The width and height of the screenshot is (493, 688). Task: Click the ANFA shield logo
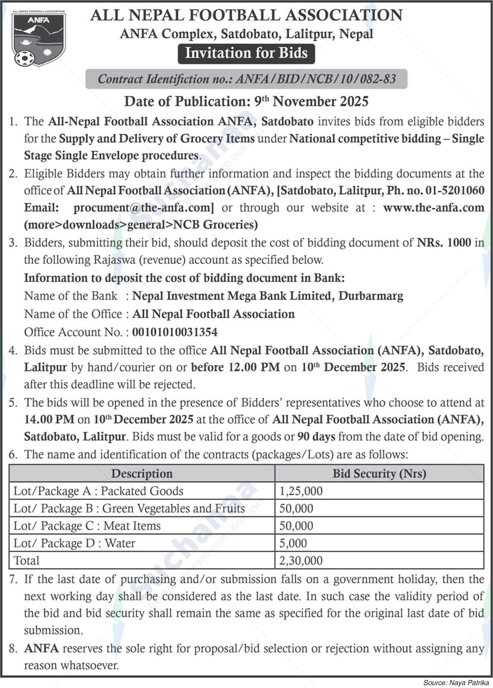pyautogui.click(x=38, y=36)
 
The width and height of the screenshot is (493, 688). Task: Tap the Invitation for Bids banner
pyautogui.click(x=246, y=53)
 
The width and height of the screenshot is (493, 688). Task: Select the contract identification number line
pyautogui.click(x=246, y=79)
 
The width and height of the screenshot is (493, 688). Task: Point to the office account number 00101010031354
pyautogui.click(x=175, y=332)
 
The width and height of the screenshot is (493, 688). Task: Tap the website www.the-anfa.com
pyautogui.click(x=433, y=208)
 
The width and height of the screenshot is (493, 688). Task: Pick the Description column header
pyautogui.click(x=142, y=473)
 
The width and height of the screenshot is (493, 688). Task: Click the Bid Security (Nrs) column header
pyautogui.click(x=379, y=473)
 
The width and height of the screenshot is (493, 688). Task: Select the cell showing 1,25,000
pyautogui.click(x=301, y=491)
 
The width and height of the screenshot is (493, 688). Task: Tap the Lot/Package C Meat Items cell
pyautogui.click(x=87, y=526)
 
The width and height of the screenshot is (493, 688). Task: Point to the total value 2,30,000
pyautogui.click(x=301, y=561)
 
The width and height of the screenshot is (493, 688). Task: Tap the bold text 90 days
pyautogui.click(x=316, y=437)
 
